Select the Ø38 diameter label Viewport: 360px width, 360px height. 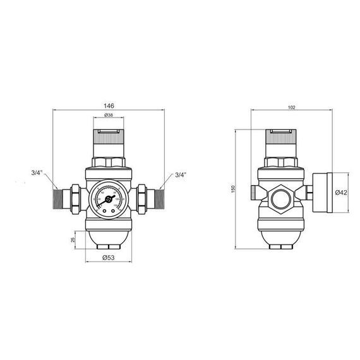tap(109, 116)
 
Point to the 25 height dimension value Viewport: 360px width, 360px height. tap(73, 240)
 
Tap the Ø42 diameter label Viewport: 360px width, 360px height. tap(342, 193)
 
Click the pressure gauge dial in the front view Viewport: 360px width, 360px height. tap(109, 198)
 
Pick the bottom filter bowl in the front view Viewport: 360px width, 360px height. tap(109, 239)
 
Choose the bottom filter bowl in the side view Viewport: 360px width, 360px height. tap(280, 239)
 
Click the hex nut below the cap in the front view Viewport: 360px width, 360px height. tap(109, 163)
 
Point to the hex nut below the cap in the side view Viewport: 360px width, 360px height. tap(280, 163)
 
